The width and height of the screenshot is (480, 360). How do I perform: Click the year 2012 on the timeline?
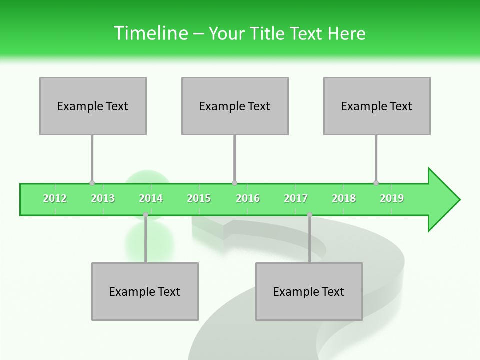(55, 198)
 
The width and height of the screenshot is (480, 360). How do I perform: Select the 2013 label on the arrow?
(103, 198)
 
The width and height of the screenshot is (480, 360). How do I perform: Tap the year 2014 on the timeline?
(151, 198)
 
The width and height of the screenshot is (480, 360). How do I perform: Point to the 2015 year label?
(199, 198)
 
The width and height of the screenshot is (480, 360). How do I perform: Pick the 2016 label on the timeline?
(248, 198)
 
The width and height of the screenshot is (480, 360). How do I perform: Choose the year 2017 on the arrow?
(296, 198)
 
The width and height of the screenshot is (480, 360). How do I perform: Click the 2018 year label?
(344, 198)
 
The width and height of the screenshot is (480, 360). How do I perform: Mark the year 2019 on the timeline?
(392, 198)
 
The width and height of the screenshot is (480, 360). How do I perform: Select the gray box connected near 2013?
(93, 106)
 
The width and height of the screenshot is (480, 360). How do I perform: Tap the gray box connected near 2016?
(235, 106)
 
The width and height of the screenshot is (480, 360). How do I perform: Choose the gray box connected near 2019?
(377, 106)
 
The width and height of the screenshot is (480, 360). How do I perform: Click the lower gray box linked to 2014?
(145, 291)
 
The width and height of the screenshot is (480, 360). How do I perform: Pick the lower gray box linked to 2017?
(309, 291)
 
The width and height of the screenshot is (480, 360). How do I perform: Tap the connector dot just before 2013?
(92, 183)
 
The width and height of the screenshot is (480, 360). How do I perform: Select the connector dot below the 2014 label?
(145, 215)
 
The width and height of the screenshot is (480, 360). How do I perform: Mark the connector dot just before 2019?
(376, 183)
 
